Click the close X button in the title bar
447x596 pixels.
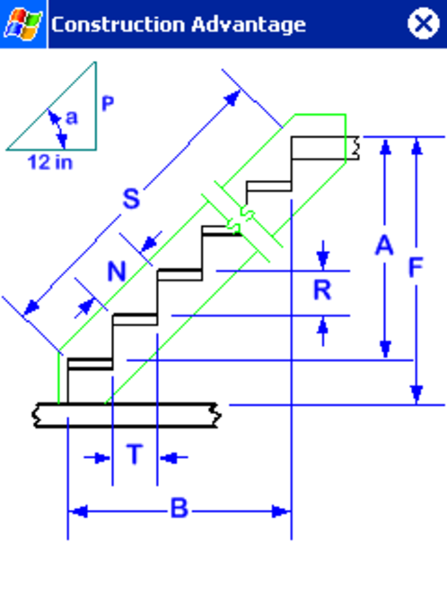(424, 23)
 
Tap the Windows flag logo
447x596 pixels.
(22, 24)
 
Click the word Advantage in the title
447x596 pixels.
(249, 25)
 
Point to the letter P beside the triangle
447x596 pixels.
(108, 103)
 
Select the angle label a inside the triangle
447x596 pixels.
(72, 117)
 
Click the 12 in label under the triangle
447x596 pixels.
(50, 162)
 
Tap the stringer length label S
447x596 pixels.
(131, 198)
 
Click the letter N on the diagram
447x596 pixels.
(117, 272)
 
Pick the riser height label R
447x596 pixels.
(322, 290)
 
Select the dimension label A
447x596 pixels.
(384, 246)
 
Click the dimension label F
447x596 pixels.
(416, 267)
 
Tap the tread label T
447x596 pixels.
(135, 454)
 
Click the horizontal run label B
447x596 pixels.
(180, 508)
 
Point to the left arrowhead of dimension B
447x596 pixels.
(78, 512)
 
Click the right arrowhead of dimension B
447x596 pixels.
(281, 512)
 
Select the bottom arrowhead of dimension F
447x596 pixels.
(416, 394)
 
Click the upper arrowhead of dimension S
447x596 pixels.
(232, 98)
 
